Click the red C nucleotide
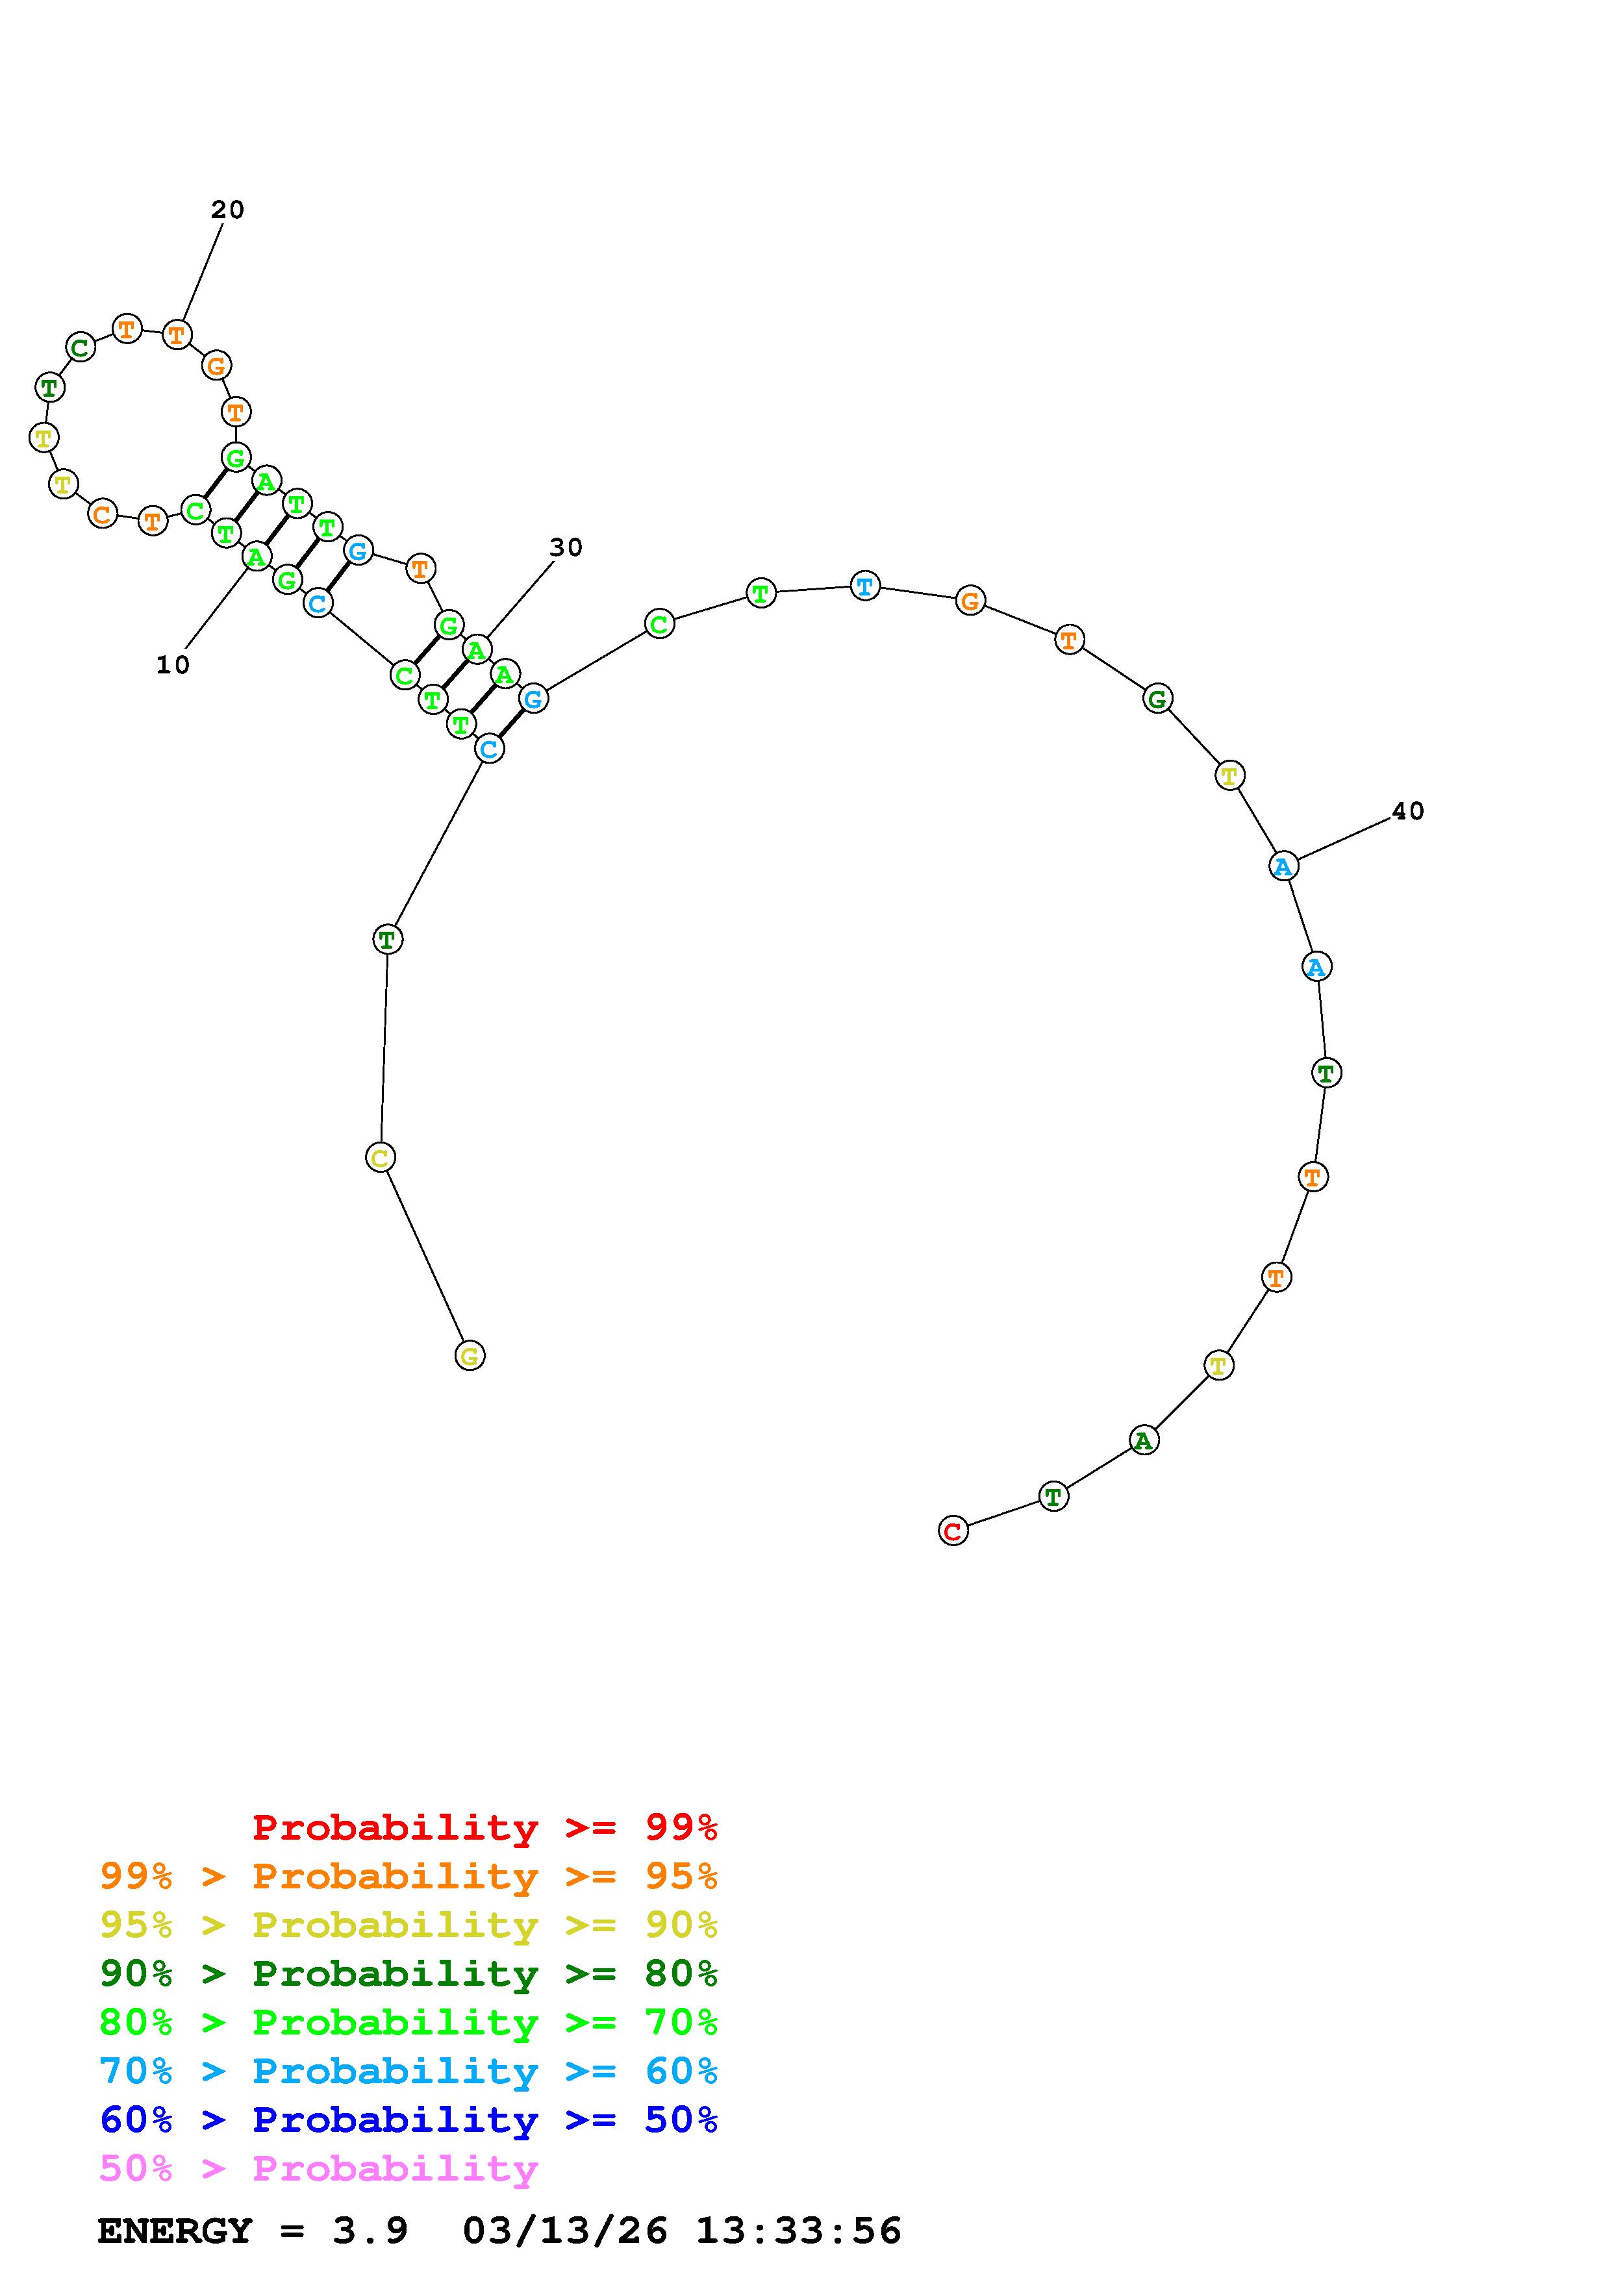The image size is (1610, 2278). click(x=952, y=1531)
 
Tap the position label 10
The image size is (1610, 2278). click(x=173, y=666)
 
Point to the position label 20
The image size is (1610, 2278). click(x=227, y=209)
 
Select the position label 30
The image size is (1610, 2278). click(x=566, y=547)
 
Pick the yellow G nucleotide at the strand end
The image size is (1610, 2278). click(x=470, y=1355)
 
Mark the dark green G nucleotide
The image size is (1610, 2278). click(x=1157, y=699)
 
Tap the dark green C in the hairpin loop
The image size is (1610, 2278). click(x=81, y=347)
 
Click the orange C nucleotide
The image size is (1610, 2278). click(x=102, y=514)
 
